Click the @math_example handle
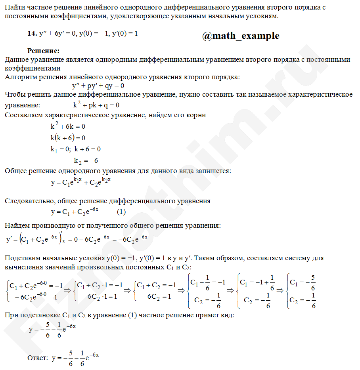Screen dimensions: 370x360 click(241, 36)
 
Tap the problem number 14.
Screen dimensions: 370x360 click(32, 34)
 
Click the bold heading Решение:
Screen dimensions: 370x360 click(43, 51)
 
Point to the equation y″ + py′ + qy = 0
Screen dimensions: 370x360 click(98, 86)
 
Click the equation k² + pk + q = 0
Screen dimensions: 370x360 click(96, 105)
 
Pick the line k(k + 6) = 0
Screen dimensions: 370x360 click(68, 138)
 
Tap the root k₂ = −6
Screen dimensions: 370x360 click(86, 160)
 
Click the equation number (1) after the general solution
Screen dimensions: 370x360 click(121, 212)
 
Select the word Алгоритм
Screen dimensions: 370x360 click(19, 77)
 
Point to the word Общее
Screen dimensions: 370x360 click(15, 171)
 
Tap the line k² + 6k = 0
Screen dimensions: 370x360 click(68, 127)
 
